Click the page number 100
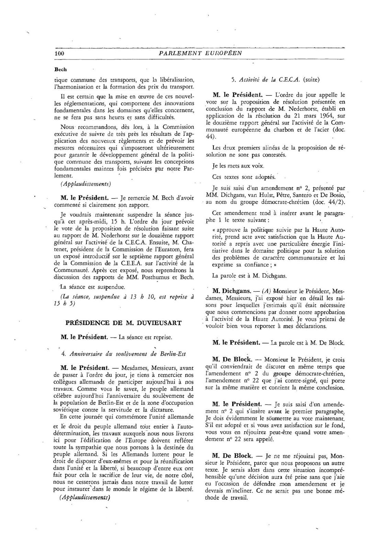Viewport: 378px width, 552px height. (59, 53)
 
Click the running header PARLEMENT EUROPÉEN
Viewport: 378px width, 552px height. (200, 53)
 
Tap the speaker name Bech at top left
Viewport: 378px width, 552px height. (60, 69)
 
